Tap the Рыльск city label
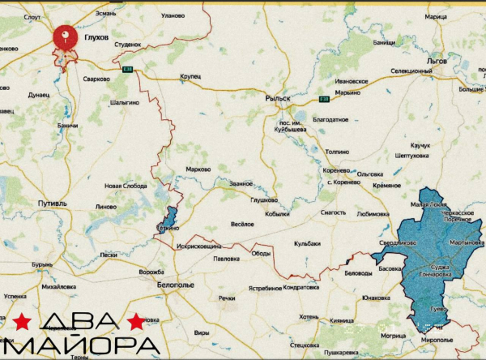click(x=277, y=98)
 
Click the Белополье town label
click(x=175, y=285)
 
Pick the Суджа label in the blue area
click(x=441, y=265)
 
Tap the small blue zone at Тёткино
click(x=168, y=219)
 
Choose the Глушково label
click(x=264, y=199)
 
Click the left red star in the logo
click(x=22, y=322)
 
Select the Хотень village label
click(x=308, y=316)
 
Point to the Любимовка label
click(x=372, y=214)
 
